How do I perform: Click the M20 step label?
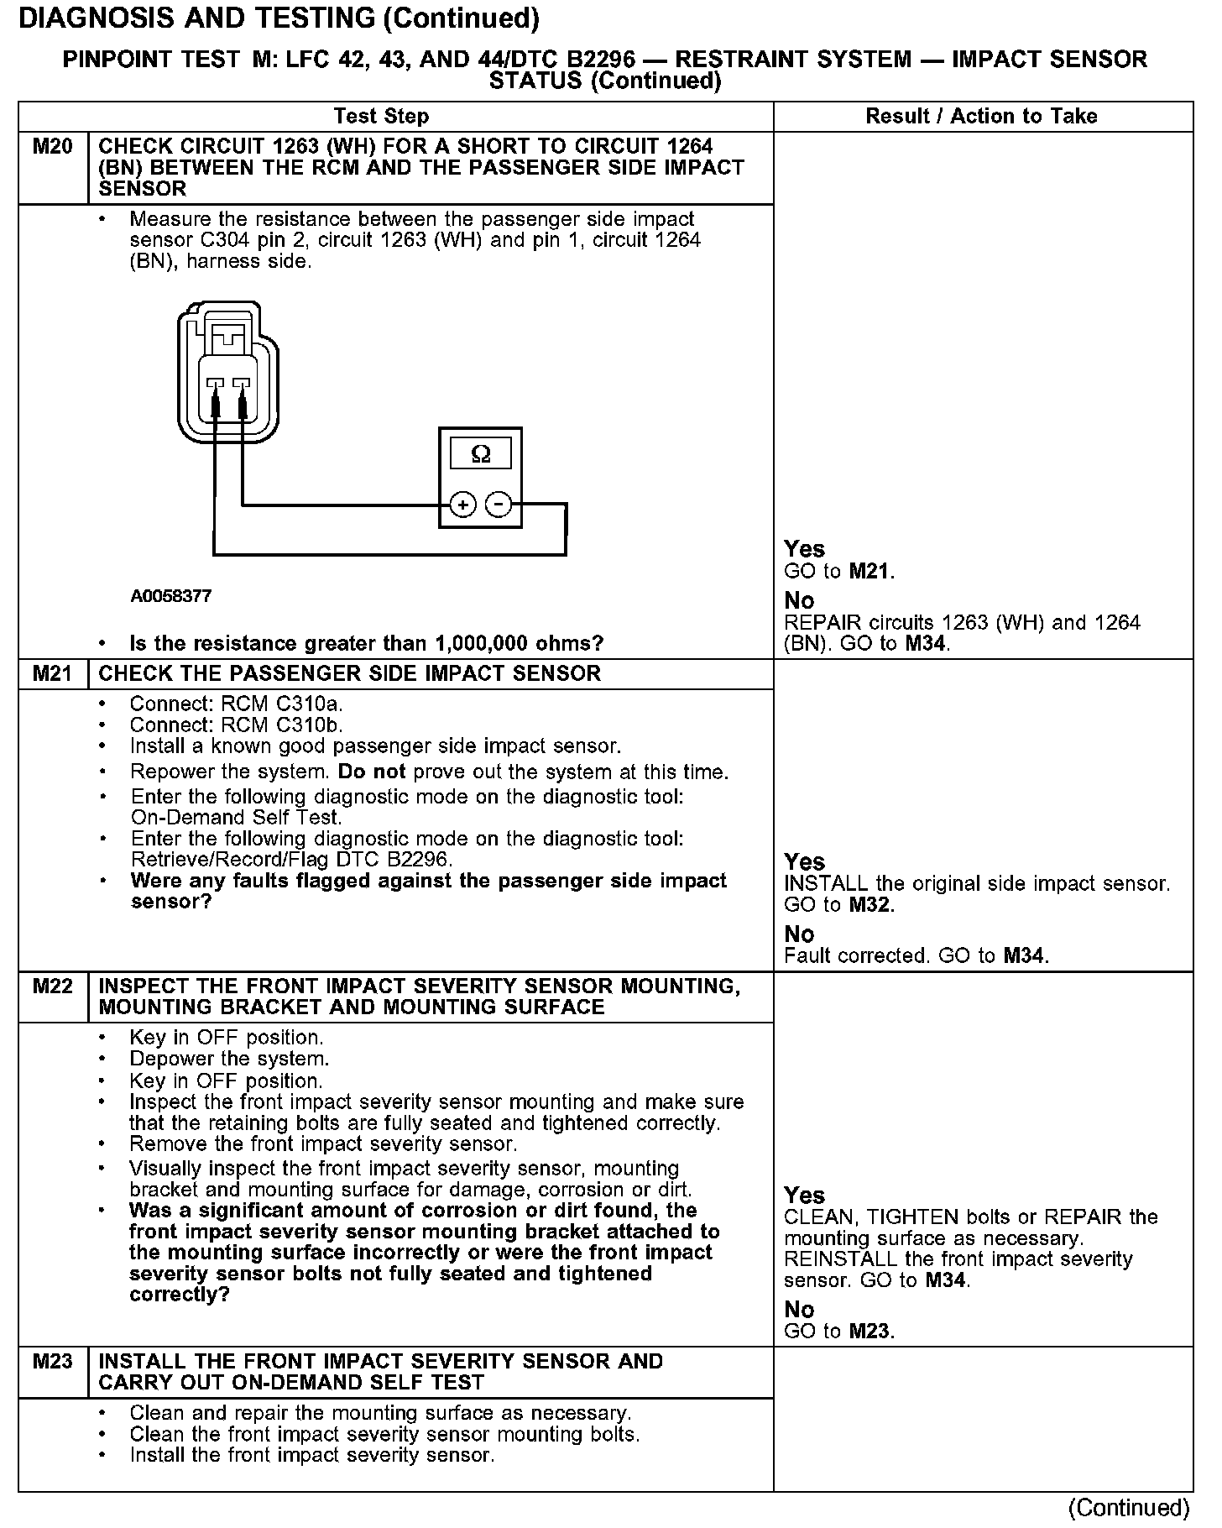(52, 148)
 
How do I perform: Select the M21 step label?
(52, 674)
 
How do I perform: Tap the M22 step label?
(52, 986)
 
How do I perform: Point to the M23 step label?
(52, 1362)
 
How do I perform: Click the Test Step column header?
(381, 117)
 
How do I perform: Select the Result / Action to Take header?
(981, 117)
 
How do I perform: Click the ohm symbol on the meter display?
(480, 454)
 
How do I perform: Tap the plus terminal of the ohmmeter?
(462, 505)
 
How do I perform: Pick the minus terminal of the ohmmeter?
(499, 505)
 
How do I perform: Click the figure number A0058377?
(171, 596)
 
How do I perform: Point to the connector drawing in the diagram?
(227, 374)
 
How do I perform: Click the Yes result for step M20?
(804, 549)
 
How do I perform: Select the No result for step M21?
(799, 934)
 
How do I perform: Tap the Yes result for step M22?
(804, 1196)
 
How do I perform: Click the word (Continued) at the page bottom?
(1129, 1508)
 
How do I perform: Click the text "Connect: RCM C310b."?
(237, 725)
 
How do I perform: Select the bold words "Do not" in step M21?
(372, 772)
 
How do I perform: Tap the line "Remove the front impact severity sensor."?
(323, 1144)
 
